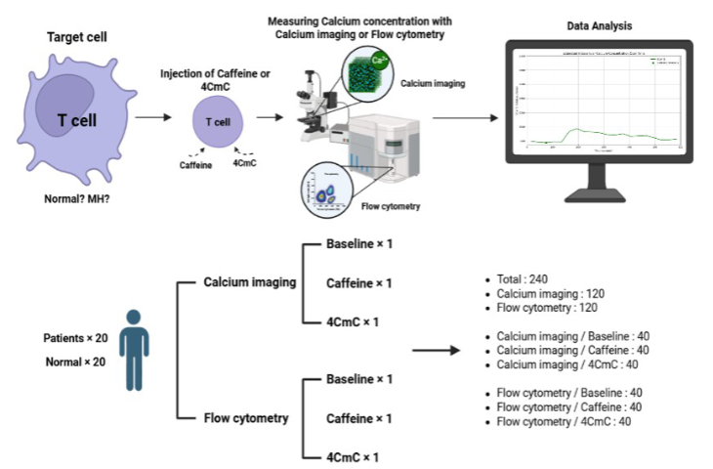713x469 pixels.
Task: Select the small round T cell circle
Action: pos(220,121)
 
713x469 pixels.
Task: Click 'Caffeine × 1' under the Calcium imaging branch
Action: pos(358,282)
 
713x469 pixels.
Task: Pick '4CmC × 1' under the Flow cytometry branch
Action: pos(353,456)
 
